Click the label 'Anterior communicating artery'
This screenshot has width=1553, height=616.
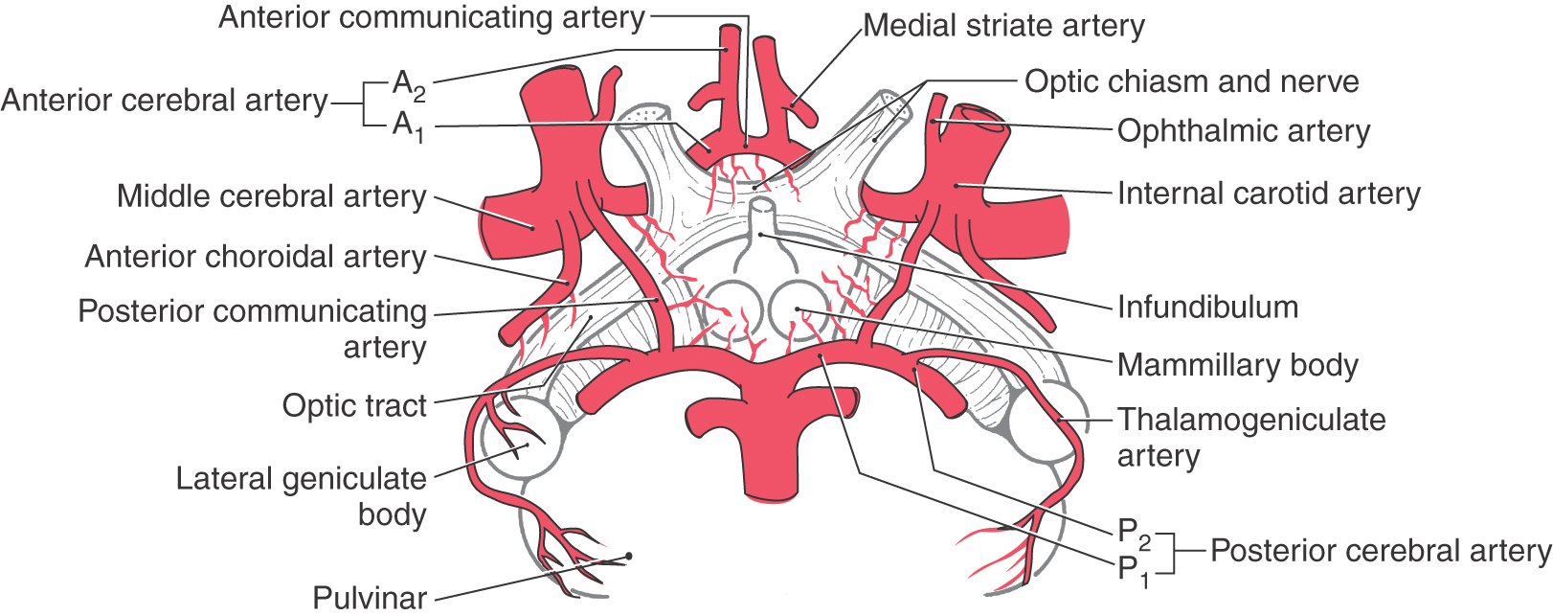pyautogui.click(x=432, y=18)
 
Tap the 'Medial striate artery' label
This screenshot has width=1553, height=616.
pyautogui.click(x=1003, y=26)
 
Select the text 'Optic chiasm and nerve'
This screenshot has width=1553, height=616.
pyautogui.click(x=1191, y=81)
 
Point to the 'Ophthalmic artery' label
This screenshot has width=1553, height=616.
pyautogui.click(x=1243, y=131)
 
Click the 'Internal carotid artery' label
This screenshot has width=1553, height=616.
pyautogui.click(x=1268, y=194)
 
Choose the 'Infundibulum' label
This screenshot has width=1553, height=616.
pyautogui.click(x=1207, y=307)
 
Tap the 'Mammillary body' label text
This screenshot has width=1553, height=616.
pyautogui.click(x=1237, y=365)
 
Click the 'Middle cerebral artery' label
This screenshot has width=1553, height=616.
pyautogui.click(x=271, y=196)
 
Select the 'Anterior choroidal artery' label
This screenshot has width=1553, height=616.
pyautogui.click(x=256, y=257)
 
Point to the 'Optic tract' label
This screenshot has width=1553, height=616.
pyautogui.click(x=353, y=405)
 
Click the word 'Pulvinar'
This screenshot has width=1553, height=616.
pyautogui.click(x=370, y=598)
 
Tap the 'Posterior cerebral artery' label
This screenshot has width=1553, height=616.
pyautogui.click(x=1380, y=551)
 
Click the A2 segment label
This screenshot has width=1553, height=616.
pyautogui.click(x=409, y=85)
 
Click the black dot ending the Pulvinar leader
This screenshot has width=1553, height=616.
pyautogui.click(x=628, y=556)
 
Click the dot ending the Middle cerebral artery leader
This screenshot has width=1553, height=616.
pyautogui.click(x=531, y=227)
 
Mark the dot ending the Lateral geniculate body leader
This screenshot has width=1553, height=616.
pyautogui.click(x=526, y=445)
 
